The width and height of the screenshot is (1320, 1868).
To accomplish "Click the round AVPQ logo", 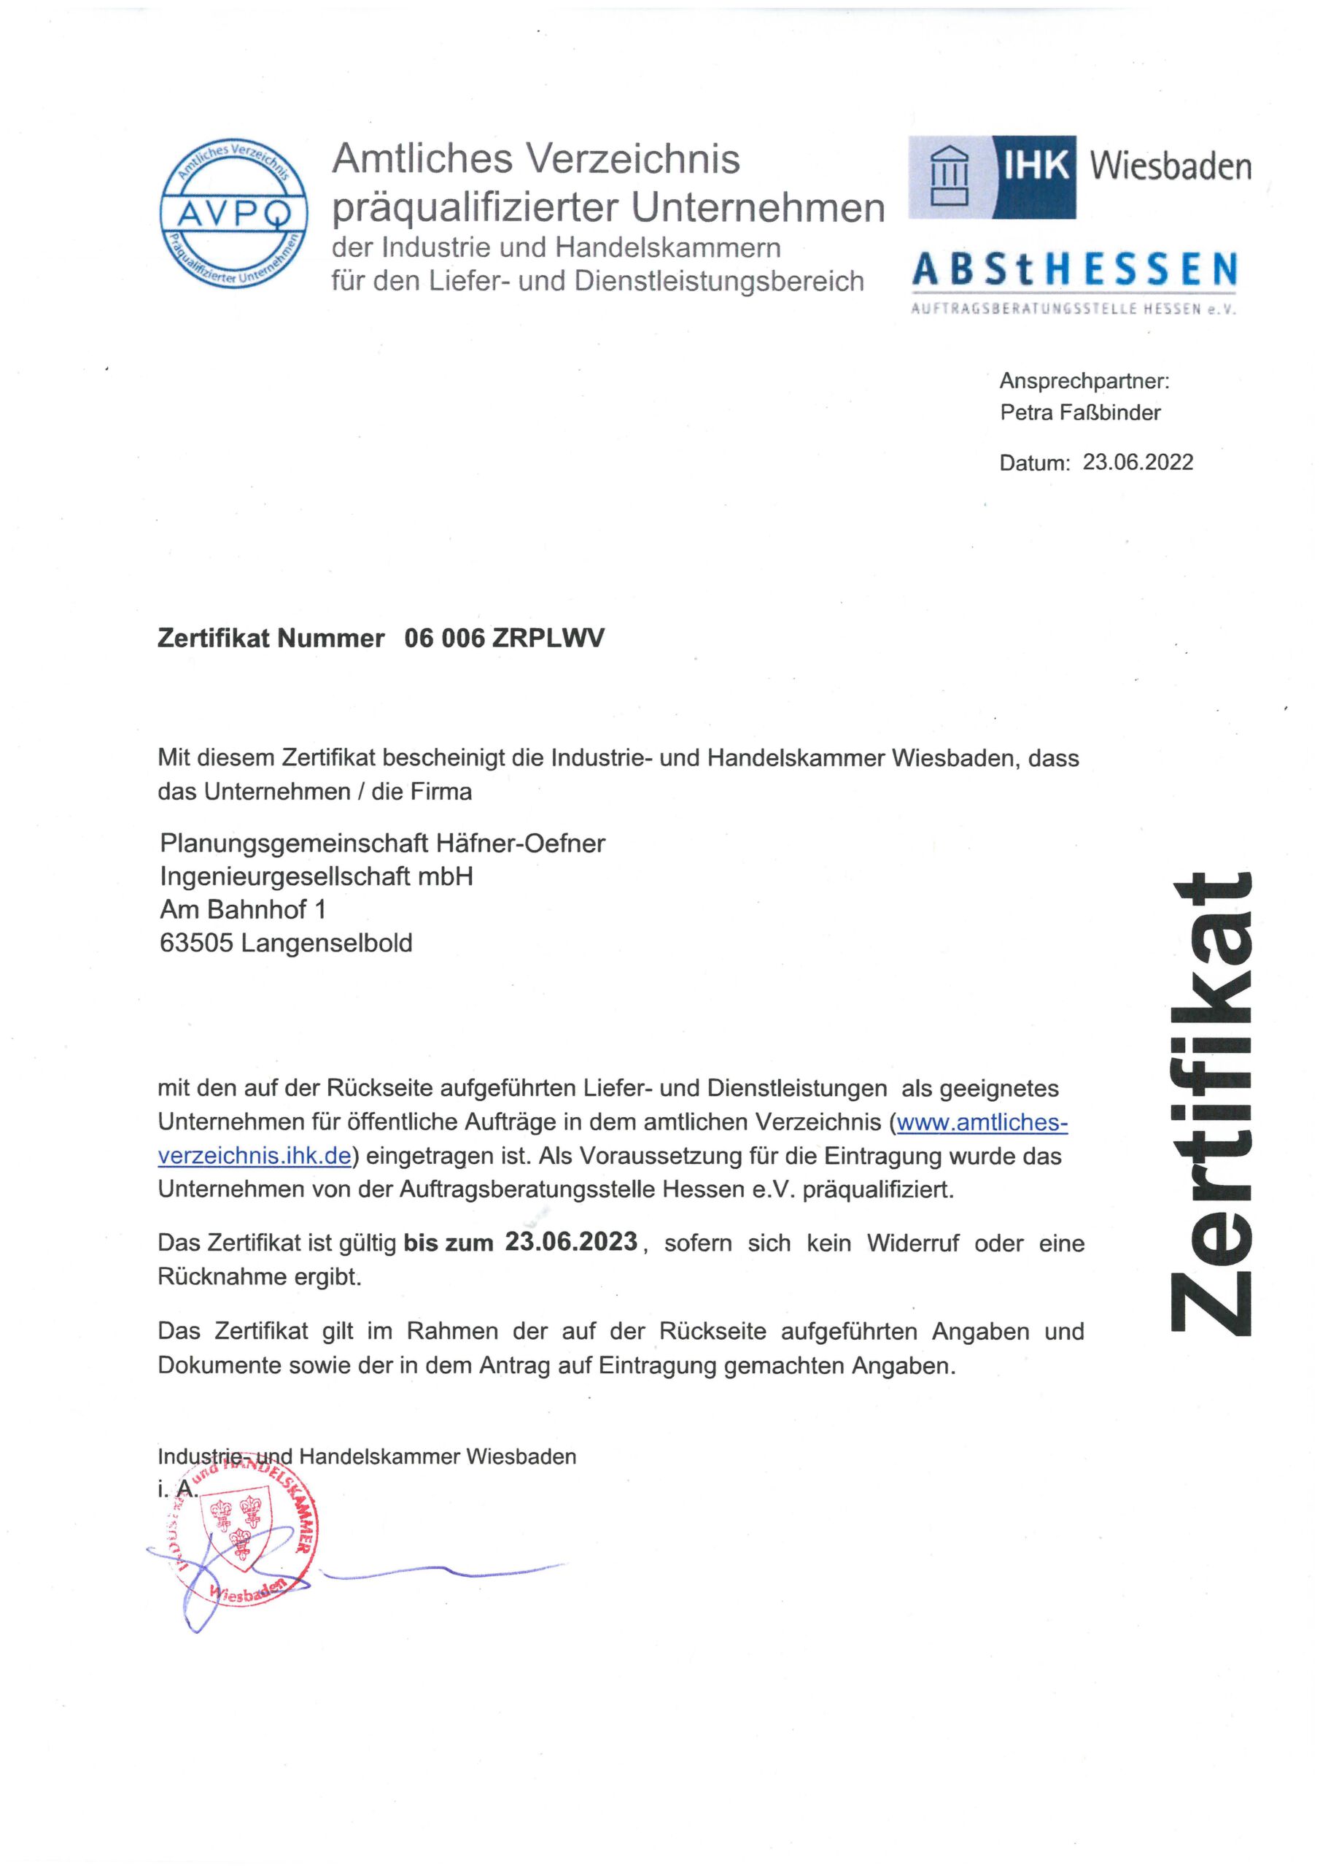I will (233, 213).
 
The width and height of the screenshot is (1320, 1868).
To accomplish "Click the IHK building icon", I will (949, 177).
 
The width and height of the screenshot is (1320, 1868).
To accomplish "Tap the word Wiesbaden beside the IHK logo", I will (1170, 167).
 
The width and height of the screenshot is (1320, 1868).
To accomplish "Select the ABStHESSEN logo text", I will (1074, 270).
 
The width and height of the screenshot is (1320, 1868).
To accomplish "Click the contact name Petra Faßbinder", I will (1079, 412).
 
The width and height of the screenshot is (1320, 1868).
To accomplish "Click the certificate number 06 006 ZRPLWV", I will (504, 638).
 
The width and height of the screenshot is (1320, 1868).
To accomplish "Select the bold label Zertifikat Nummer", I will (271, 638).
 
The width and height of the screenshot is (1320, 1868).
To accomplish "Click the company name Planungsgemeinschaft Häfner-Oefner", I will (382, 843).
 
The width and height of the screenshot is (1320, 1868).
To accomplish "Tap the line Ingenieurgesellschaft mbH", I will (317, 876).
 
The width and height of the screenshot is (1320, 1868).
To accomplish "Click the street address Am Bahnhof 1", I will (242, 910).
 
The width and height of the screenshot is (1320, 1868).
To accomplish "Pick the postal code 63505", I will (196, 943).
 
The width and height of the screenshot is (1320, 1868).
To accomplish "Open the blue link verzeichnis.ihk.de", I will (255, 1156).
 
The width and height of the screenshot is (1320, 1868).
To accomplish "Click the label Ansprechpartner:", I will (1084, 380).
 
